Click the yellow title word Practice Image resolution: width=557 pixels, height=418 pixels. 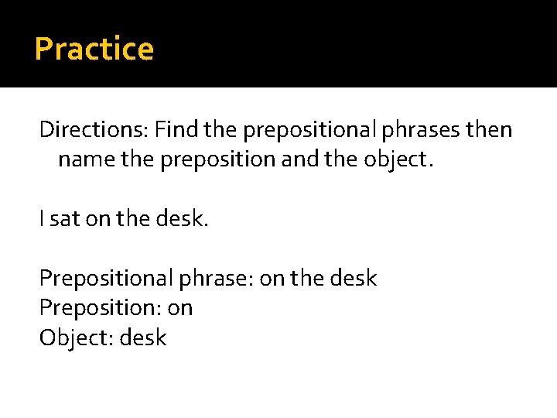pos(94,49)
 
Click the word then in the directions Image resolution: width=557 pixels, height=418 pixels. pos(490,128)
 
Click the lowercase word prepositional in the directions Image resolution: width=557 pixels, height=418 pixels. pos(309,128)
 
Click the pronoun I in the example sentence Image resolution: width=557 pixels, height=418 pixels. pos(42,219)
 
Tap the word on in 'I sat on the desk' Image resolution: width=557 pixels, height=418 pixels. pos(98,219)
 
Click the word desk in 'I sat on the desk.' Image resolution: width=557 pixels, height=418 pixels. pos(184,219)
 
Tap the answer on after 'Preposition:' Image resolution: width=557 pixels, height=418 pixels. pos(179,308)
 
